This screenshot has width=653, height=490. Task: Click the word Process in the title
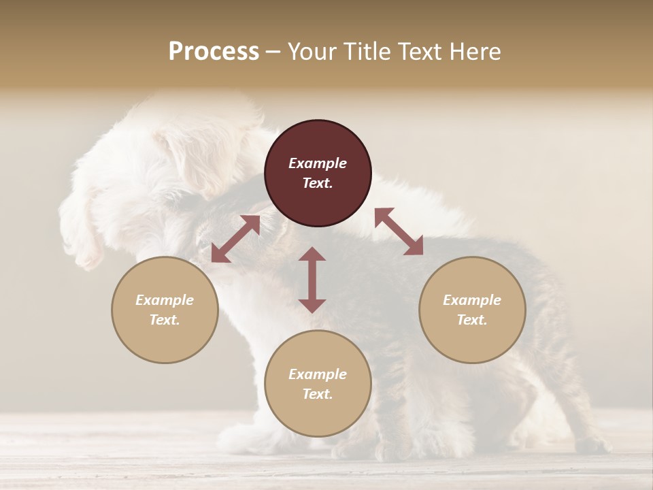pos(214,52)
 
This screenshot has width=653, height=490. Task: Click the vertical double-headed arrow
pos(312,280)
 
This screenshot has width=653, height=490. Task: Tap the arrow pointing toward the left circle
pos(235,239)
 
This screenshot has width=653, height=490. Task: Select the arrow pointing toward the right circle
pos(399,231)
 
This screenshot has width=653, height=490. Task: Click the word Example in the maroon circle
pos(318,163)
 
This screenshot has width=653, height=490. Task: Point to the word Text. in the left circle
pos(165,320)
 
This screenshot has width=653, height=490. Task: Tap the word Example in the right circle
pos(472,300)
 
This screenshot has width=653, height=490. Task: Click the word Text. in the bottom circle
pos(318,394)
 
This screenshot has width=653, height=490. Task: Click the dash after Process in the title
pos(273,52)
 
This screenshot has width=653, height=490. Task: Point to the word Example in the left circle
pos(165,300)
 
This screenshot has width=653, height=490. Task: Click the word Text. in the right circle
pos(472,320)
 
